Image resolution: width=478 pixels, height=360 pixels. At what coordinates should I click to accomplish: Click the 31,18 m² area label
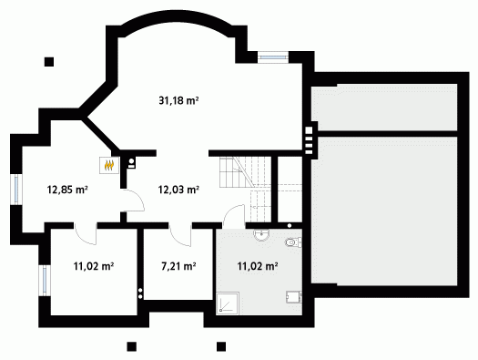click(x=178, y=100)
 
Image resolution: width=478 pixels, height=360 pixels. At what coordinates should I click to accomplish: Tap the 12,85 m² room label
click(x=67, y=190)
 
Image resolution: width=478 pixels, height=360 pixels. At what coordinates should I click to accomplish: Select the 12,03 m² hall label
click(x=178, y=190)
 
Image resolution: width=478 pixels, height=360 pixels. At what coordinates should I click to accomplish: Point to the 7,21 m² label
click(x=178, y=266)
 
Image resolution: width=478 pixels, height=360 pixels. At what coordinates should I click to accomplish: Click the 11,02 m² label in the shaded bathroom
click(x=258, y=266)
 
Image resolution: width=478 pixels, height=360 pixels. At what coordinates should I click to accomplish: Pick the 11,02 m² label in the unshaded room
click(x=94, y=266)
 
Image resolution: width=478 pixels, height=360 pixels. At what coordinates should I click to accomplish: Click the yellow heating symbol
click(x=109, y=165)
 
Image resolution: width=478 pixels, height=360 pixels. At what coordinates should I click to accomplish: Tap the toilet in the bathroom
click(x=293, y=242)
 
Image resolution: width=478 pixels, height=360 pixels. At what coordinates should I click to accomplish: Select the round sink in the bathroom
click(x=261, y=234)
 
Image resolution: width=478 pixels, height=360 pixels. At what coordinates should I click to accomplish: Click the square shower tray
click(x=228, y=303)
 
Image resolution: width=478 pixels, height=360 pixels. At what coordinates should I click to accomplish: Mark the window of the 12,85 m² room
click(x=16, y=190)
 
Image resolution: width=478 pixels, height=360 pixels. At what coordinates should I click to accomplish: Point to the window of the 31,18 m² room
click(x=273, y=57)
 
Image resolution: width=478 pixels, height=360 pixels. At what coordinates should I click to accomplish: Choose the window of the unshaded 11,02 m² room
click(x=45, y=281)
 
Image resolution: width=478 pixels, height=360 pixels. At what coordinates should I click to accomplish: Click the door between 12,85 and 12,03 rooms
click(x=133, y=201)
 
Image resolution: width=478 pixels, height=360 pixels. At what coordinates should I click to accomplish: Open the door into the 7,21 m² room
click(x=180, y=234)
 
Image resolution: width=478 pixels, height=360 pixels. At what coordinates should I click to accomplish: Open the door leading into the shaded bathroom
click(x=234, y=216)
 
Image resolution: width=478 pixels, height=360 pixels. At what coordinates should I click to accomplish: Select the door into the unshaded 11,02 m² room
click(x=86, y=233)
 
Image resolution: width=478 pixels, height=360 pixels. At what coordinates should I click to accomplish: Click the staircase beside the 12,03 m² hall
click(x=246, y=190)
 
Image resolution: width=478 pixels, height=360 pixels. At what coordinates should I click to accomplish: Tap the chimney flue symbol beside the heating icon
click(x=131, y=163)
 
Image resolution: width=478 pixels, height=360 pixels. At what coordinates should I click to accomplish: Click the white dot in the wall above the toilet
click(x=290, y=226)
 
